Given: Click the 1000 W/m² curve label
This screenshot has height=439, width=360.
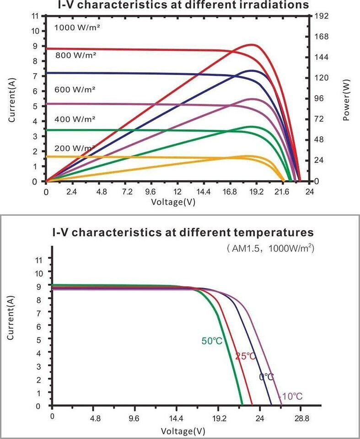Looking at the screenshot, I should (77, 27).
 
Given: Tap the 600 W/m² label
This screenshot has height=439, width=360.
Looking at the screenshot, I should (75, 90).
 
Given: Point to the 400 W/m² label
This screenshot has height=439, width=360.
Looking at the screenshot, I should (75, 119).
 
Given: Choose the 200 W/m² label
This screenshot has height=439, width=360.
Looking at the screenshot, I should (75, 149).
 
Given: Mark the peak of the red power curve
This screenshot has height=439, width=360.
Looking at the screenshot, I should (252, 44).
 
